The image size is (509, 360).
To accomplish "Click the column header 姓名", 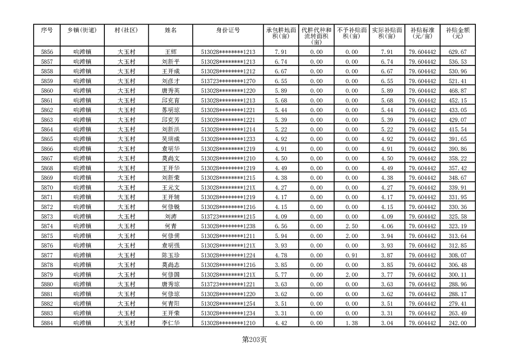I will pos(171,30).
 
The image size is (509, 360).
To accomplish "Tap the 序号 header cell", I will pos(47,30).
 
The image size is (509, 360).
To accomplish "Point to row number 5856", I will pos(47,52).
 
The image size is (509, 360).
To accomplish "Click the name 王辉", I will pos(171,52).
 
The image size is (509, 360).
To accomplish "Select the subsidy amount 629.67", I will pos(457,52).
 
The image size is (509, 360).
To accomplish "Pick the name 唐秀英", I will pos(171,90).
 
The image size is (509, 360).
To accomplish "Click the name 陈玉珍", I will pos(171,255).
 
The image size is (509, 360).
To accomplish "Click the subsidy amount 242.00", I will pos(457,323).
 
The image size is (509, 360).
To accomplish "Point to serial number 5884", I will pos(47,323).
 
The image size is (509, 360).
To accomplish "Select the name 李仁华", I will pos(171,323).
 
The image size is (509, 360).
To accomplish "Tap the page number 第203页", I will pos(254,339).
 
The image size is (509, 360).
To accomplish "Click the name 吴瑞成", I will pos(171,139).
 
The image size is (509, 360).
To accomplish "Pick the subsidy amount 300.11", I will pos(457,275).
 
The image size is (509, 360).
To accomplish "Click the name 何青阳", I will pos(171,304).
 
